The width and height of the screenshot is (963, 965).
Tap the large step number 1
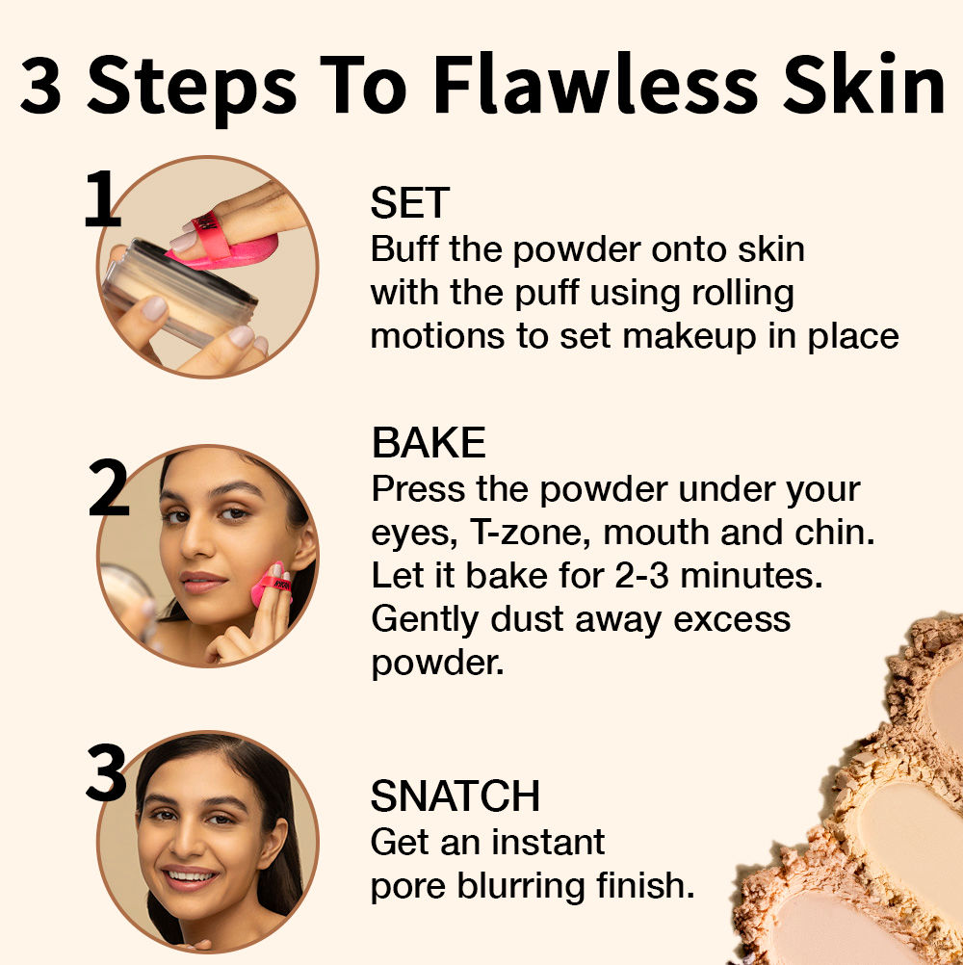pos(101,198)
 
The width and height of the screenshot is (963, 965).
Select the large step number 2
pos(109,487)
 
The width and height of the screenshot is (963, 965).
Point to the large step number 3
pos(107,772)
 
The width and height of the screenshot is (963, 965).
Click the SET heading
pos(410,203)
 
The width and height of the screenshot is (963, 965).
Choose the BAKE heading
pos(429,442)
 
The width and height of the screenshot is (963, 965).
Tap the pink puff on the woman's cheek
pos(272,587)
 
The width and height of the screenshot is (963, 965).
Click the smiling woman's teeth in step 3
pos(190,875)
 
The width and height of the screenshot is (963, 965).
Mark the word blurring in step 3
pos(521,887)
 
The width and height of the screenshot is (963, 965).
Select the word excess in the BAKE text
pos(732,620)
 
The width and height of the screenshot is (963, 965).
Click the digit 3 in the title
pos(40,86)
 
